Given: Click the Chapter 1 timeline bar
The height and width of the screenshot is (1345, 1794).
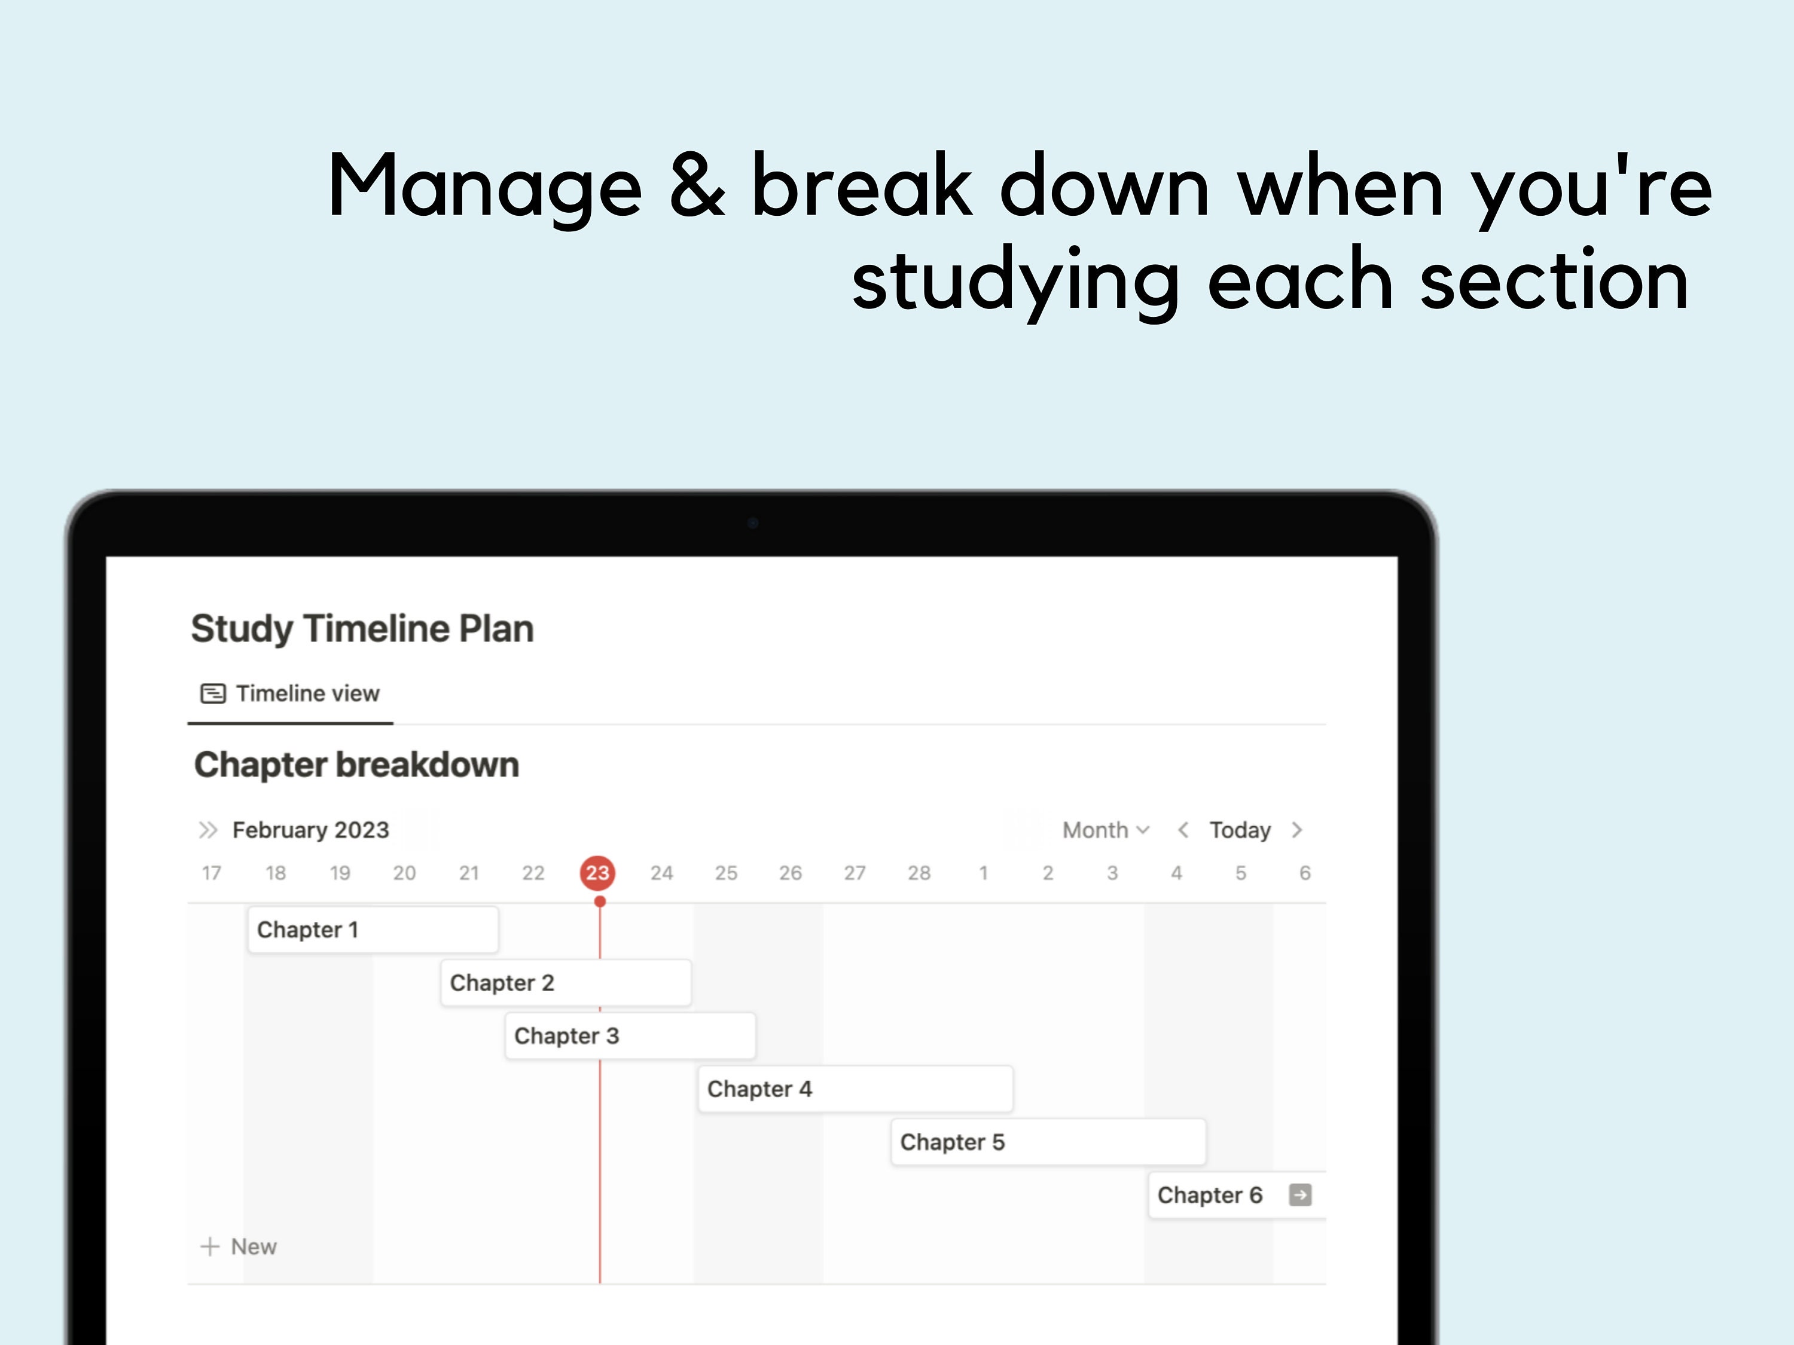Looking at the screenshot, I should point(373,930).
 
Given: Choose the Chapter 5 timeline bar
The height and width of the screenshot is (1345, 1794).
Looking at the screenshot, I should point(1048,1142).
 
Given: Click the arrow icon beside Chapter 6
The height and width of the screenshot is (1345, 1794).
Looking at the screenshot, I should point(1300,1195).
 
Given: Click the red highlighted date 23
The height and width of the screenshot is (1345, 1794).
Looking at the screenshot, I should point(598,873).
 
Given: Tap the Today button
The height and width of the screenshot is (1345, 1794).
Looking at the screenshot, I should point(1239,830).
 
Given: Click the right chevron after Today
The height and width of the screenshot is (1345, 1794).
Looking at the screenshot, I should point(1297,830).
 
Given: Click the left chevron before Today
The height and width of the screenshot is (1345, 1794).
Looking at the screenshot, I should point(1183,830).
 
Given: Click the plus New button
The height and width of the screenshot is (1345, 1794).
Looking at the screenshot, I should point(239,1247).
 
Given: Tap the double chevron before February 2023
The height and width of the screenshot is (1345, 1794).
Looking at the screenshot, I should point(208,830).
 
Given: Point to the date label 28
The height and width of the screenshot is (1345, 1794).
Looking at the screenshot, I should point(919,873).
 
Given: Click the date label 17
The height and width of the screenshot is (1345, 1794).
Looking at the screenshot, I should point(212,873).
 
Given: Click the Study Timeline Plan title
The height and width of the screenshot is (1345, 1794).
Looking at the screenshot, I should point(362,629).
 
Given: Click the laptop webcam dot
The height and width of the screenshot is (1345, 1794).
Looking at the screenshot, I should point(753,523).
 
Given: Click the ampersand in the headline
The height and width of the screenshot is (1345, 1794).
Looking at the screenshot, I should point(697,187).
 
